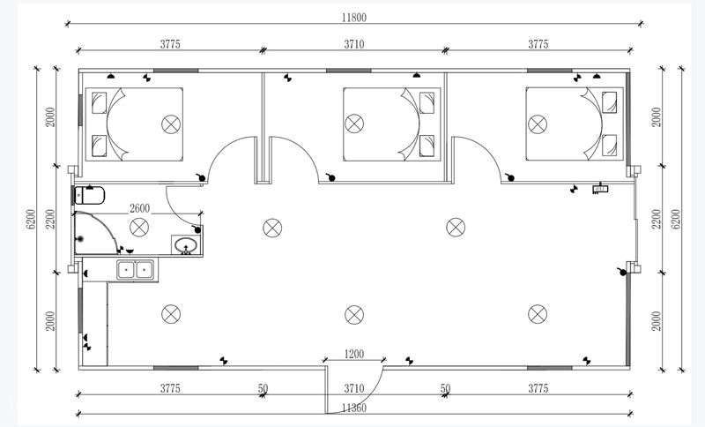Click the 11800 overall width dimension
coord(354,18)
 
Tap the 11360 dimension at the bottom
coord(354,408)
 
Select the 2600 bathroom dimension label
coord(139,209)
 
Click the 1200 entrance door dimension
coord(354,354)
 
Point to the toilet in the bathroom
coord(90,195)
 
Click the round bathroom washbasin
coord(186,246)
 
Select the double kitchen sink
coord(136,269)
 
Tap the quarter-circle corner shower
coord(96,233)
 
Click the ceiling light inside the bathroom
coord(139,228)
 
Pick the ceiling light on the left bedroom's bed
coord(171,124)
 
